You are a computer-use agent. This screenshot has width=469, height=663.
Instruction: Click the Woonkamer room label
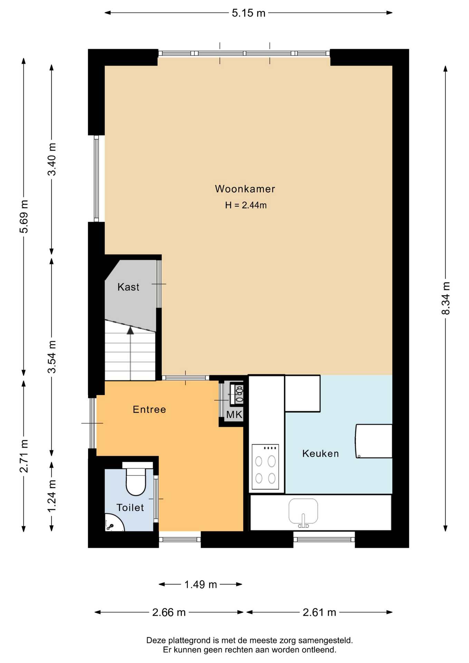point(245,189)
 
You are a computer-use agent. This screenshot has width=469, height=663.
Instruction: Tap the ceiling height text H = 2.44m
point(246,205)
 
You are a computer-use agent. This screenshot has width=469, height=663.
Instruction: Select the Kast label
point(128,287)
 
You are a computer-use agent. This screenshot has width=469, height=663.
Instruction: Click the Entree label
point(149,410)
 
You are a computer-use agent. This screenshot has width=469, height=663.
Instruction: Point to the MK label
point(234,414)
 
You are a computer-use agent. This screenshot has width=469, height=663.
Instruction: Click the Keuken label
point(320,453)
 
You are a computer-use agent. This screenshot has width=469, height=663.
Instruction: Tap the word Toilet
point(130,508)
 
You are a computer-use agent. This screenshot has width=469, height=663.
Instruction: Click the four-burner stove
point(265,467)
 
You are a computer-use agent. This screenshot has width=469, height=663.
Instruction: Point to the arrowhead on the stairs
point(130,330)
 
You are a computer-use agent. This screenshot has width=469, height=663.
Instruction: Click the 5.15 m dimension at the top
point(248,13)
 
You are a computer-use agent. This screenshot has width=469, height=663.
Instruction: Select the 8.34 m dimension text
point(446,298)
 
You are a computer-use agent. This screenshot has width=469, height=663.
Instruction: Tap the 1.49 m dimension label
point(200,585)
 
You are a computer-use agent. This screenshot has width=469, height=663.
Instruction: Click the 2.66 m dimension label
point(169,613)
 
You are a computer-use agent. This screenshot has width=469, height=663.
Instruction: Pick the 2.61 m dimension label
point(319,613)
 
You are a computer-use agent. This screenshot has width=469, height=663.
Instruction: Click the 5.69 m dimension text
point(23,217)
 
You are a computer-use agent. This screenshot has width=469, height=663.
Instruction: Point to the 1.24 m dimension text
point(52,496)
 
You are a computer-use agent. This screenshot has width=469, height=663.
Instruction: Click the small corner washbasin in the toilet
point(114,523)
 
